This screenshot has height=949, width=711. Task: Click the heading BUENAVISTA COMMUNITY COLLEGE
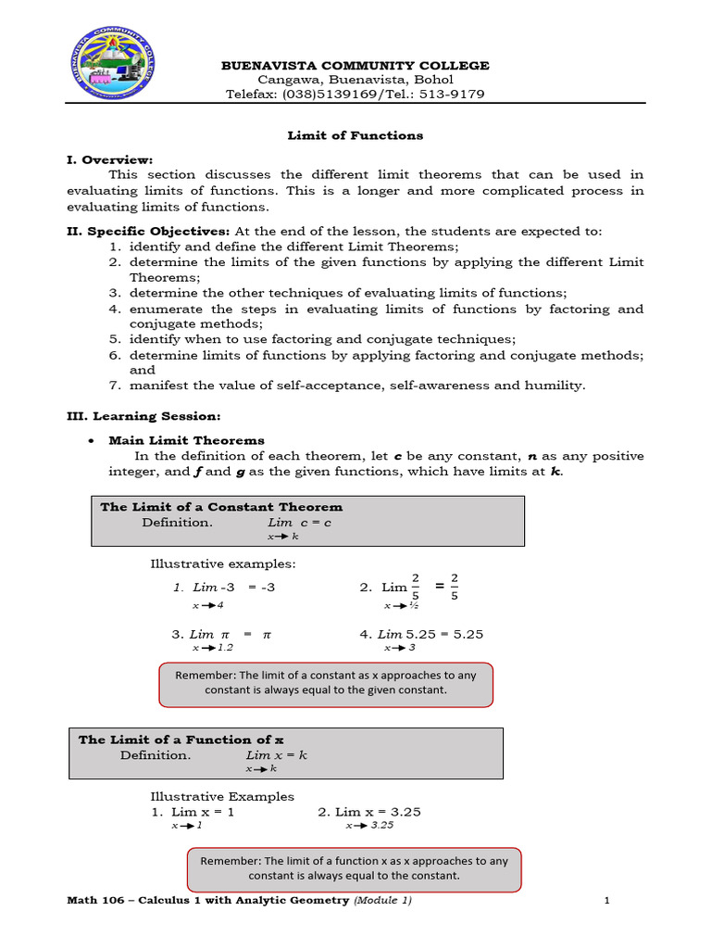355,65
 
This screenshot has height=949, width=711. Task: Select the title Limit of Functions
355,135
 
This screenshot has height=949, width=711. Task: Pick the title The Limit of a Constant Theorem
221,507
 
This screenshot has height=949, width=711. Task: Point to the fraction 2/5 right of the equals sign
455,586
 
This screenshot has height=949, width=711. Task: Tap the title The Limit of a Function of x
181,740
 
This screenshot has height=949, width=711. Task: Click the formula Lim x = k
276,755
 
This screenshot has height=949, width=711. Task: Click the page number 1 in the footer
605,900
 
